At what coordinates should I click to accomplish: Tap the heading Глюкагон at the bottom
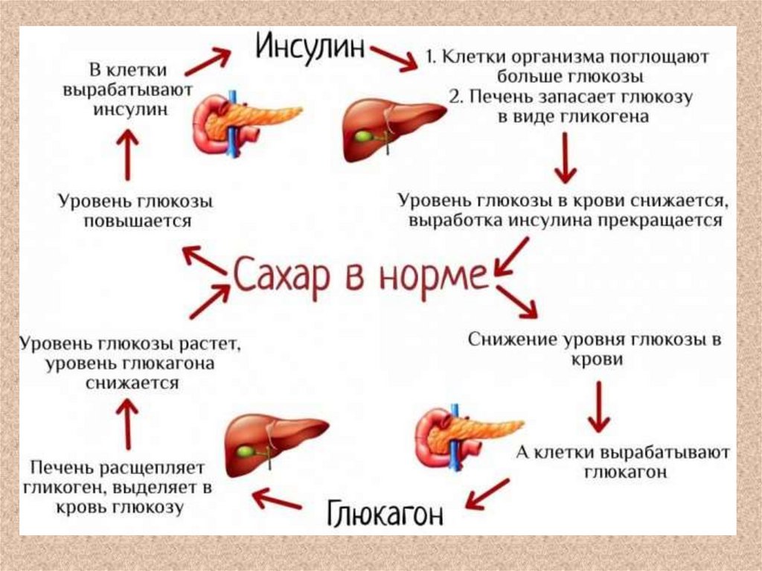tap(385, 512)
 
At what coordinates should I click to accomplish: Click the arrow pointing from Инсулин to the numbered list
tap(394, 58)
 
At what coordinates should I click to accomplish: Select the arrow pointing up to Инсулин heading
tap(208, 63)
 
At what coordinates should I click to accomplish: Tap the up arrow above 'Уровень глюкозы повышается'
tap(129, 155)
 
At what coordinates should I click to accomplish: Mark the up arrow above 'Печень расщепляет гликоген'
tap(129, 423)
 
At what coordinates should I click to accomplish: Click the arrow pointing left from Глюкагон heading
tap(277, 500)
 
